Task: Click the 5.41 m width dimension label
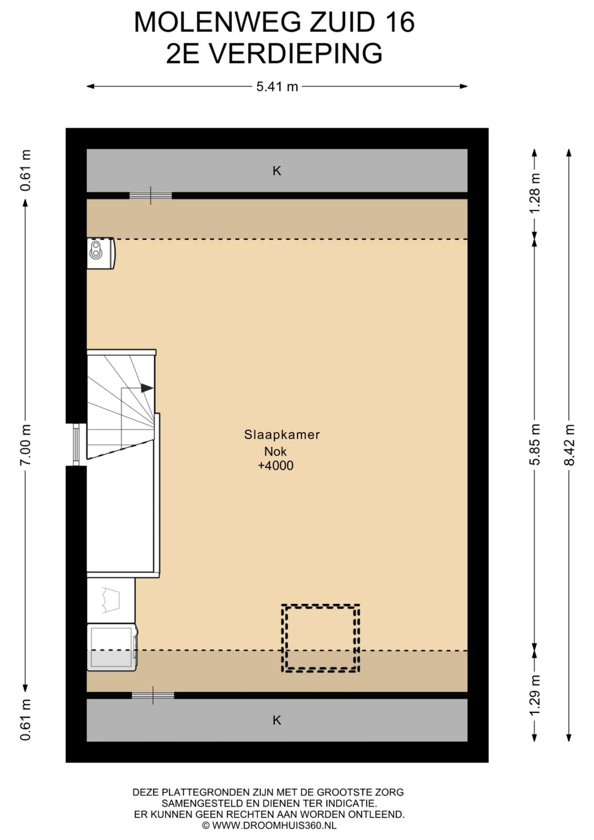[277, 87]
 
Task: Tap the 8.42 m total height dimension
[569, 445]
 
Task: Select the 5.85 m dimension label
[535, 445]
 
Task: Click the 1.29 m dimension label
[535, 695]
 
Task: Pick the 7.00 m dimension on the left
[25, 445]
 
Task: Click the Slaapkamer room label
[282, 435]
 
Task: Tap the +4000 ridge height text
[276, 466]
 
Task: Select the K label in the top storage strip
[277, 171]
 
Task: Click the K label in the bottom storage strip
[277, 720]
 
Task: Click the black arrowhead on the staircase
[147, 388]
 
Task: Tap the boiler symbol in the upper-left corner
[101, 253]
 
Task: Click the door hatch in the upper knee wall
[151, 195]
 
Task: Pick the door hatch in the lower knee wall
[153, 696]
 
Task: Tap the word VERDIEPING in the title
[297, 53]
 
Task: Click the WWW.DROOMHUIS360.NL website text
[274, 825]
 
